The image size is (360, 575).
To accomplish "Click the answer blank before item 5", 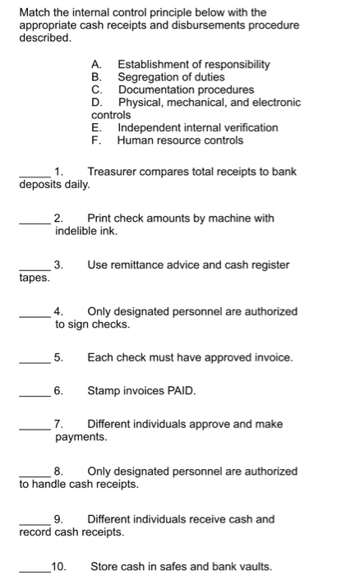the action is coord(35,360).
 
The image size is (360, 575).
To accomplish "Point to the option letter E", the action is coord(95,128).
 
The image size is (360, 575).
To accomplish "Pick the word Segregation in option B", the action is coord(148,76).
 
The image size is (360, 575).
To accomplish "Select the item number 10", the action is coord(59,566).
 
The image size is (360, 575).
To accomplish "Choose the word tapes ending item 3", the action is coord(34,278).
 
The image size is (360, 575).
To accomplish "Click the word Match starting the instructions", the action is coord(35,12).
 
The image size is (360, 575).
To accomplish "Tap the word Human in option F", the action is coord(135,140).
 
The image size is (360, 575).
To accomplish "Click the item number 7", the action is coord(58,424).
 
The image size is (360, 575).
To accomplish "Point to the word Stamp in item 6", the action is coord(104,390).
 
